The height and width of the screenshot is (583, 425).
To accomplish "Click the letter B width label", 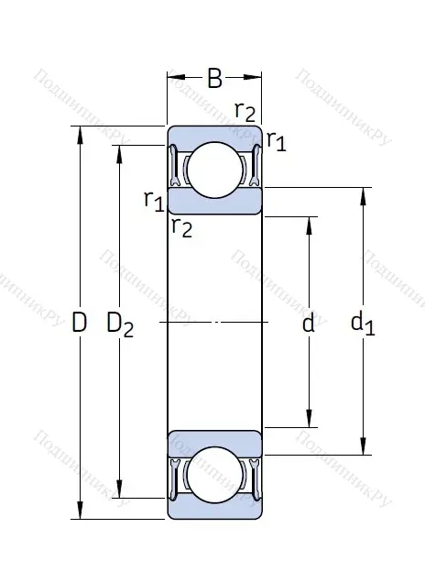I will pos(214,79).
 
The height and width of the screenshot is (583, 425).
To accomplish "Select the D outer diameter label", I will pos(79,323).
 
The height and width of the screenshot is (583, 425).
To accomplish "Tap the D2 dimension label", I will pos(120,324).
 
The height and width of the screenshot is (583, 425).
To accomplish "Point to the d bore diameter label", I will pos(309,323).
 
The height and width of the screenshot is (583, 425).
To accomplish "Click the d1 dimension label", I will pos(363,323).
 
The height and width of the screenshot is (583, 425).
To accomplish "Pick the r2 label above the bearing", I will pos(245,112).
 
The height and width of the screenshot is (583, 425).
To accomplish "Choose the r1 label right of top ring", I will pos(276,140).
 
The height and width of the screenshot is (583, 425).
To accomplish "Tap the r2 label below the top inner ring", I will pos(182,226).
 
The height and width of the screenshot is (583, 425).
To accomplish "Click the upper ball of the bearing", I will pos(214,169).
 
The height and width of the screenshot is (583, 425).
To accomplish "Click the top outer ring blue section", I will pos(214,133).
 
